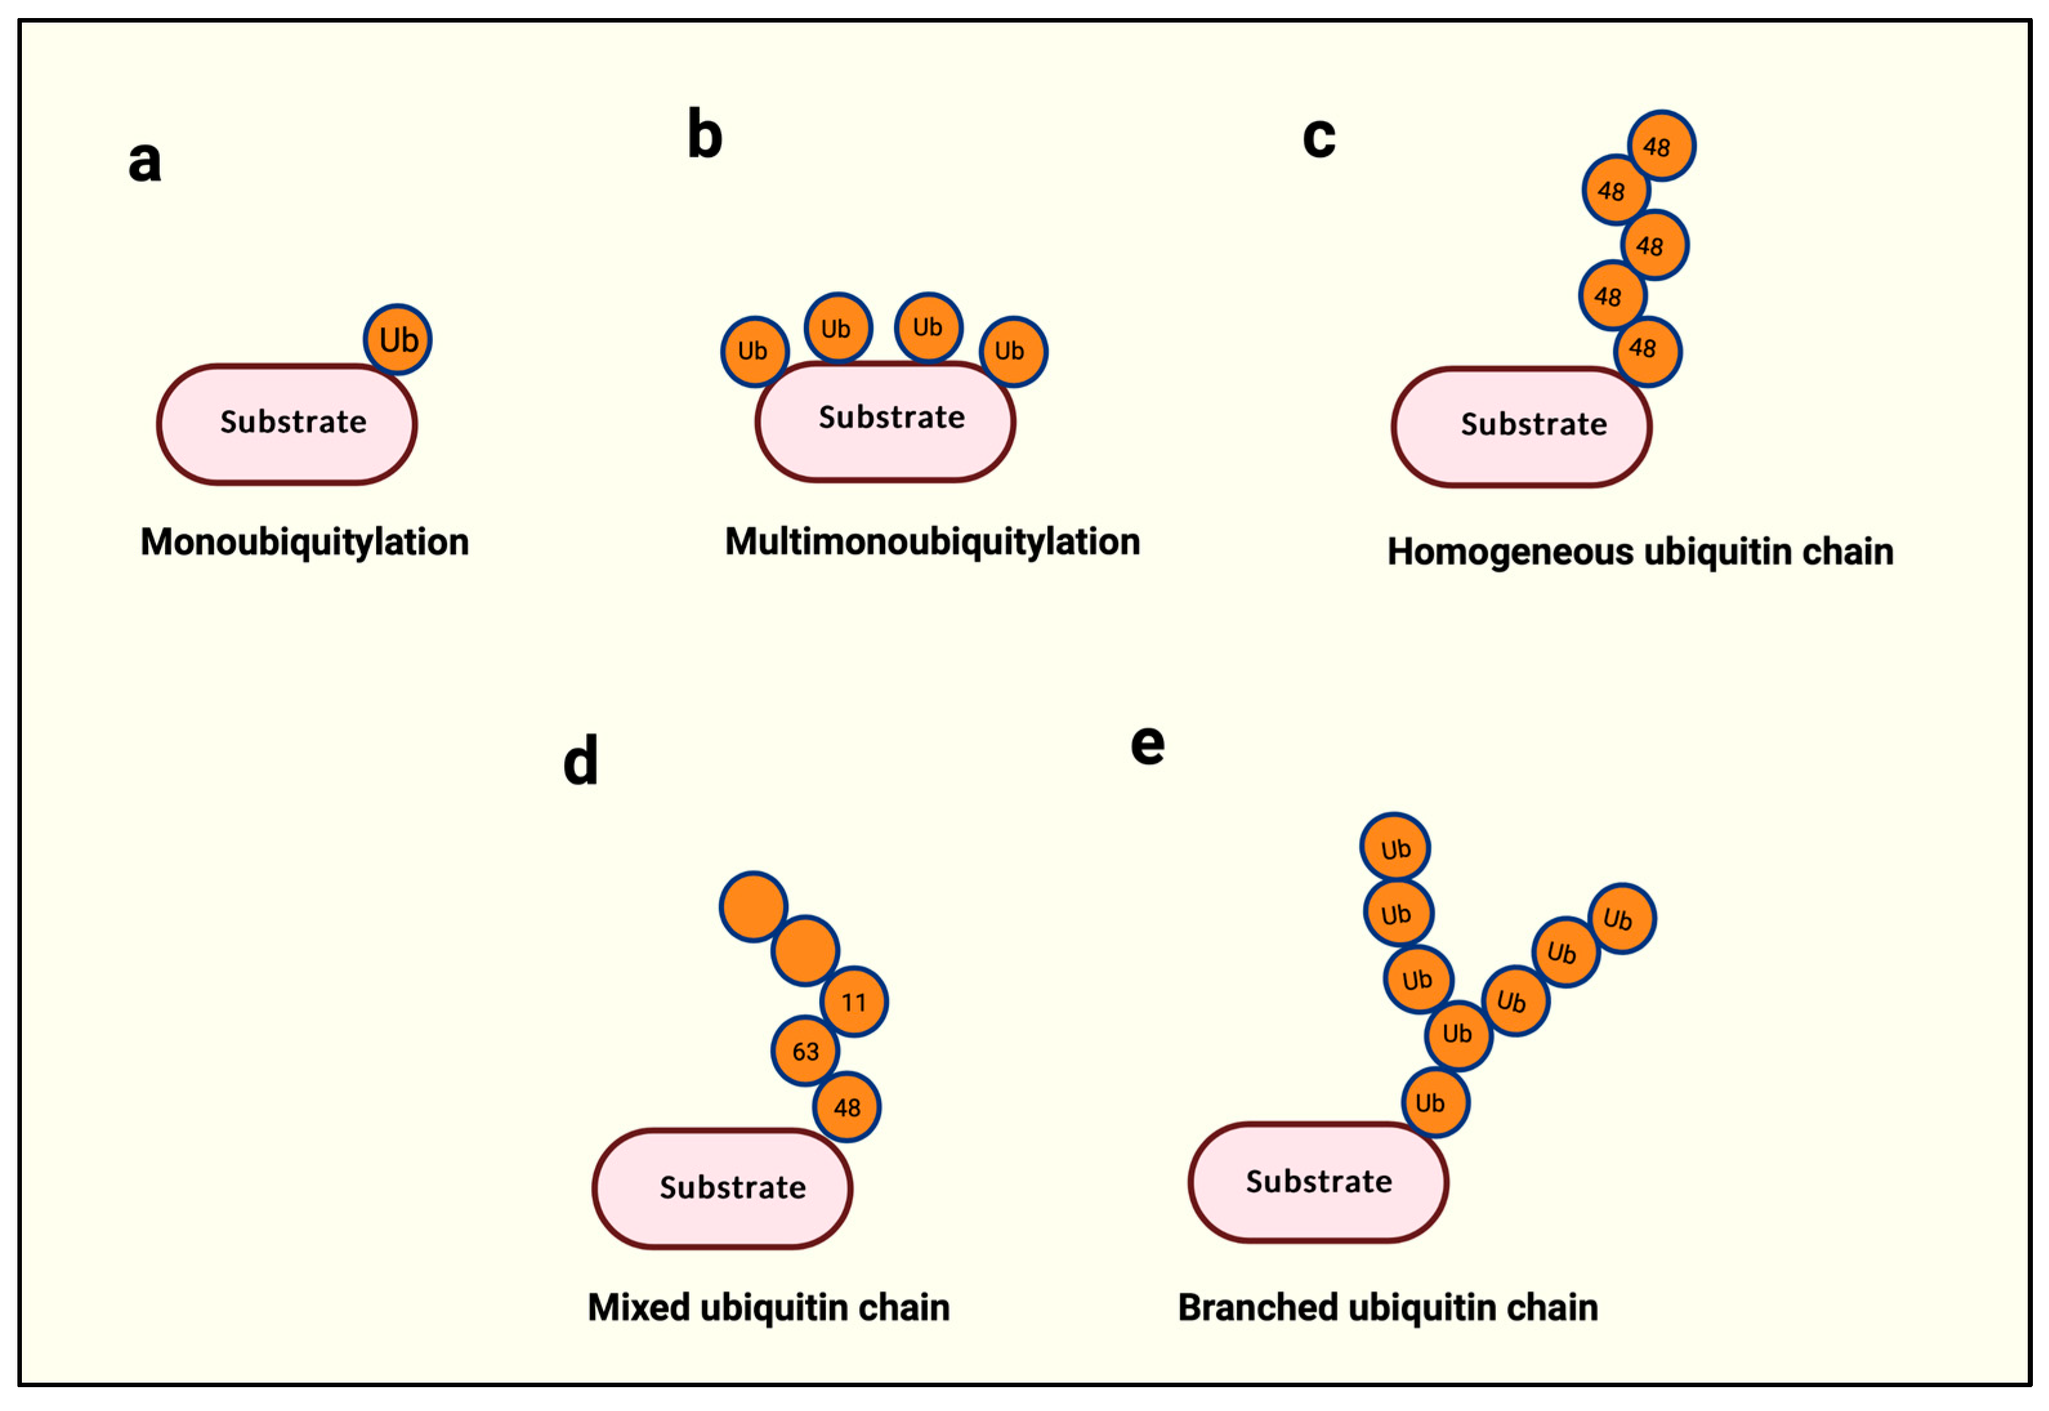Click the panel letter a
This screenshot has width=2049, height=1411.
tap(145, 162)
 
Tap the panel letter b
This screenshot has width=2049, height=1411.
tap(705, 135)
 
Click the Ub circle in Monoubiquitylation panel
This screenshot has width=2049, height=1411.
tap(398, 340)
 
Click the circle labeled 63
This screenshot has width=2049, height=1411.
tap(805, 1051)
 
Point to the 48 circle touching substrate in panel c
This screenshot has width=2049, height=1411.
tap(1646, 350)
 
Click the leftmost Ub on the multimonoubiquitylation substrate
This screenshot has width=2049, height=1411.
tap(754, 351)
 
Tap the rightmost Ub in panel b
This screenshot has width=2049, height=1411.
tap(1012, 351)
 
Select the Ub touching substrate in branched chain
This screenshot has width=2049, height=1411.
tap(1434, 1102)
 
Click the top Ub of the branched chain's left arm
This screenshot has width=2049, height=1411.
tap(1394, 848)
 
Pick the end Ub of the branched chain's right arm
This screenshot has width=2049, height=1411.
tap(1621, 919)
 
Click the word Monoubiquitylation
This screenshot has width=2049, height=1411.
tap(304, 542)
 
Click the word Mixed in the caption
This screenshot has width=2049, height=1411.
tap(638, 1307)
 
